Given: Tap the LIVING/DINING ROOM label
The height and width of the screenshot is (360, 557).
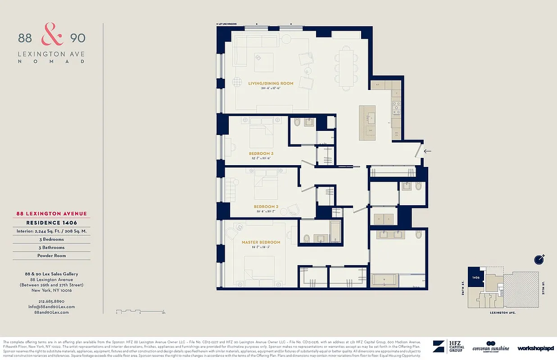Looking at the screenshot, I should pyautogui.click(x=271, y=83).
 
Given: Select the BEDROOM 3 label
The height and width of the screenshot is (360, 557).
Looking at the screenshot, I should pyautogui.click(x=261, y=153).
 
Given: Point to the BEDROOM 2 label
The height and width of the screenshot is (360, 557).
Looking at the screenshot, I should pyautogui.click(x=266, y=207).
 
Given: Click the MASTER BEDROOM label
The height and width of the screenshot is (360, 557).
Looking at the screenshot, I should pyautogui.click(x=261, y=242).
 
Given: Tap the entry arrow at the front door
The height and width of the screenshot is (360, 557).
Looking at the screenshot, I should pyautogui.click(x=427, y=151).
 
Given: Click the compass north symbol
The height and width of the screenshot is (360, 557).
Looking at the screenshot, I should pyautogui.click(x=539, y=259).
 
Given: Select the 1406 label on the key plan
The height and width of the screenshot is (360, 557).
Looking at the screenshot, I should pyautogui.click(x=476, y=278).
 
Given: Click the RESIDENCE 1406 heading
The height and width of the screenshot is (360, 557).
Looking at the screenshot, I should pyautogui.click(x=51, y=223).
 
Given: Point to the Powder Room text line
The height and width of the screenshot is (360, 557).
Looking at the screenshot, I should pyautogui.click(x=51, y=256).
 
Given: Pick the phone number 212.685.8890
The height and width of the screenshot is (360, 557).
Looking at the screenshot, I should pyautogui.click(x=51, y=301).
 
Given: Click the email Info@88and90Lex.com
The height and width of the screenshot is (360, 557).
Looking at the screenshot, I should pyautogui.click(x=51, y=306).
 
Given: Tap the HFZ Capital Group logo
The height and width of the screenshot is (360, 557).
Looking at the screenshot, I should pyautogui.click(x=448, y=346).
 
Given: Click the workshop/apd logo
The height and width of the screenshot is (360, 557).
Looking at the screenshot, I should pyautogui.click(x=535, y=348).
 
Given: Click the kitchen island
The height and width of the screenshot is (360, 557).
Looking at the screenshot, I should pyautogui.click(x=367, y=122).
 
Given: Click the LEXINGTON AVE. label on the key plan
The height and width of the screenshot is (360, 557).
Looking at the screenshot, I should pyautogui.click(x=503, y=312).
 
